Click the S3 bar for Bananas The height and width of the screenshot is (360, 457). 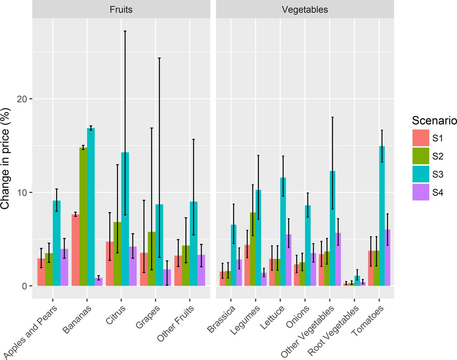pyautogui.click(x=91, y=207)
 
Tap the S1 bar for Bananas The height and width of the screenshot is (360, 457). pyautogui.click(x=75, y=250)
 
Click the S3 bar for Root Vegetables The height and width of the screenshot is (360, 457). pyautogui.click(x=357, y=281)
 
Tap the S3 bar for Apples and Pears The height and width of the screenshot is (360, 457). pyautogui.click(x=56, y=243)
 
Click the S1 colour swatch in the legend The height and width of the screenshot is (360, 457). pyautogui.click(x=421, y=138)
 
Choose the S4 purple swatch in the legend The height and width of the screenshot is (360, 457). pyautogui.click(x=421, y=192)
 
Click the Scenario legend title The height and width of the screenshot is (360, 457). pyautogui.click(x=434, y=120)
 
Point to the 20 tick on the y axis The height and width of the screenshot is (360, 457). pyautogui.click(x=22, y=99)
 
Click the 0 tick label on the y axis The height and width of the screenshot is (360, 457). pyautogui.click(x=25, y=286)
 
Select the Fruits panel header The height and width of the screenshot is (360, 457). pyautogui.click(x=121, y=10)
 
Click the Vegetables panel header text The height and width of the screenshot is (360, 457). pyautogui.click(x=305, y=10)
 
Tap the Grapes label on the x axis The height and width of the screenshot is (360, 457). pyautogui.click(x=148, y=317)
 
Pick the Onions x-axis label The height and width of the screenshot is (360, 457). pyautogui.click(x=298, y=317)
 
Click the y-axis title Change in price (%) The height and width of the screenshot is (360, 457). pyautogui.click(x=5, y=158)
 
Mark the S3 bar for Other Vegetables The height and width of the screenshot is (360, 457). pyautogui.click(x=332, y=229)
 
